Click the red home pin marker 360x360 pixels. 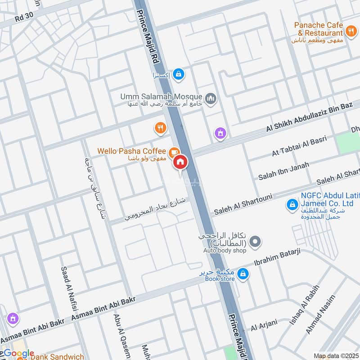(181, 162)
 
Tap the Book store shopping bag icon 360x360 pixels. (243, 273)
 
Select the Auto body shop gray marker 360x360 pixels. (255, 242)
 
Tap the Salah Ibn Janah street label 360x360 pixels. (283, 171)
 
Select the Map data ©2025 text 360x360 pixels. (336, 355)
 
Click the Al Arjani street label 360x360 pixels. (264, 326)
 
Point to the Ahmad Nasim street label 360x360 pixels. (321, 314)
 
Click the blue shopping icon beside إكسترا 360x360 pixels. (179, 74)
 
